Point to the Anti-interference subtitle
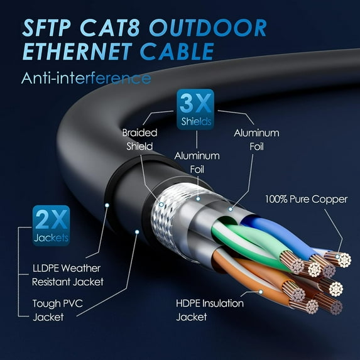(85, 79)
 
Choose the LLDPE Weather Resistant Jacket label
(67, 275)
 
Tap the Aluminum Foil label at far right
(256, 139)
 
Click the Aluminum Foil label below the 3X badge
(197, 161)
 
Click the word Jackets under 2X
(52, 237)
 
